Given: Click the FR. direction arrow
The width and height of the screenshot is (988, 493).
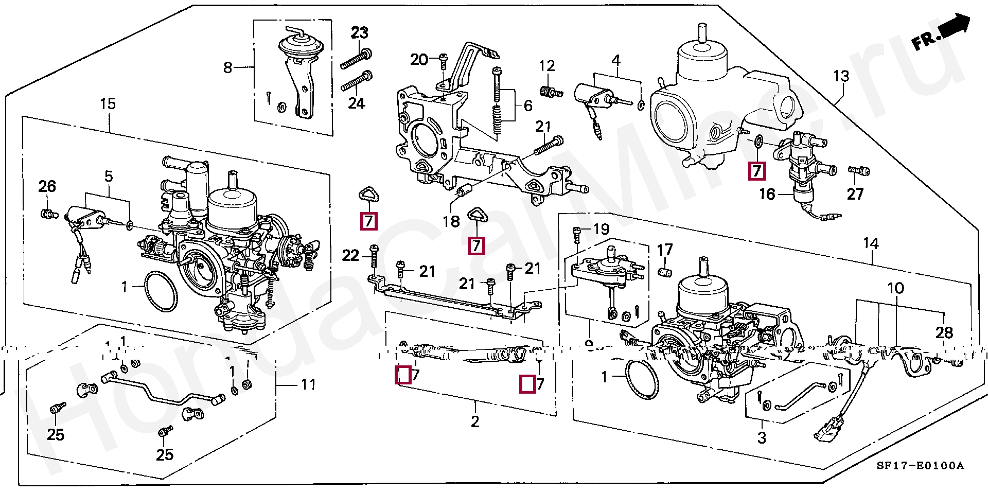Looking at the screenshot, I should pos(941,33).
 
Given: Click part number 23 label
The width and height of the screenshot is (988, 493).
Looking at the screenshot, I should pos(360,33).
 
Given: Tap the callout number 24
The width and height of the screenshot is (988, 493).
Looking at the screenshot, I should pos(356,103).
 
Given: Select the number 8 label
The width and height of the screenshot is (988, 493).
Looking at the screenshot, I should pos(228,67).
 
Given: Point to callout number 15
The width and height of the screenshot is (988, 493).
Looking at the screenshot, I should pos(108,104).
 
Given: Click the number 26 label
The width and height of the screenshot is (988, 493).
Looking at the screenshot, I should pos(47,186).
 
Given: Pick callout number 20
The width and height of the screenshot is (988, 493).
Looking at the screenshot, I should pos(419,60).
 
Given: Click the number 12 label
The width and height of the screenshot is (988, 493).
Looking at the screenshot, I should pos(546,66).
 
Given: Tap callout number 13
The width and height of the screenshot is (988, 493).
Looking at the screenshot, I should pos(841,76).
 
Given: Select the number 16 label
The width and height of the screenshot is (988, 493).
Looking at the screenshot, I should pos(767,194).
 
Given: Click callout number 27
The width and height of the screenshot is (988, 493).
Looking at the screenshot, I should pos(855,194).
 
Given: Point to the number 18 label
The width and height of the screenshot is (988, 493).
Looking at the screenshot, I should pos(451,222).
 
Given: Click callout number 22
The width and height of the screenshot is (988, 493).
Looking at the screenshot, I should pos(350,255).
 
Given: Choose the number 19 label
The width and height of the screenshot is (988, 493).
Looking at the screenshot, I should pos(601,229).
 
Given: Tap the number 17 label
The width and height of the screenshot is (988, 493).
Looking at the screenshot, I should pos(665,250).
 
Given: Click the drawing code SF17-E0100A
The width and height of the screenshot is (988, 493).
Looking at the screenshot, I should pos(920,466).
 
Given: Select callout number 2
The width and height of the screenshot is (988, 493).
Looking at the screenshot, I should pos(475,422).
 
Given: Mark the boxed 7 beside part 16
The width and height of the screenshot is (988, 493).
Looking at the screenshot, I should pos(756,171).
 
